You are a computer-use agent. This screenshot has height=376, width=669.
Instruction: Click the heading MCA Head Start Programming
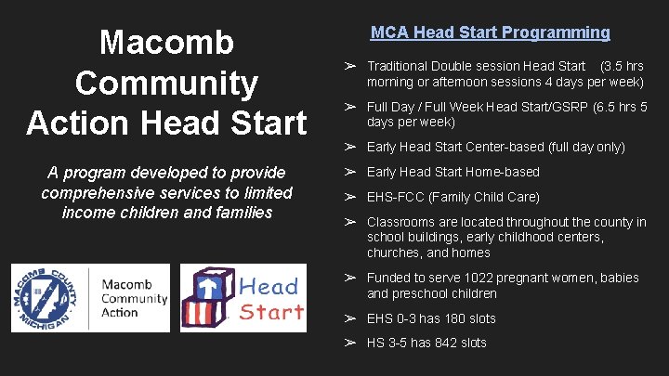(490, 32)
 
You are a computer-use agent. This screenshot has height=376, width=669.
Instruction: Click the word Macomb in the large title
(167, 43)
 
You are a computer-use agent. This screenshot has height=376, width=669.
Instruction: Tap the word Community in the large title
(167, 83)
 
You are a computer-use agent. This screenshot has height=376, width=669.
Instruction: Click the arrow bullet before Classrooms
(351, 222)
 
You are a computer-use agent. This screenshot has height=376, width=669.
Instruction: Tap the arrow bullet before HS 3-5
(351, 343)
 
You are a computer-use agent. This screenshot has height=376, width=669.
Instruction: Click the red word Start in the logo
(271, 311)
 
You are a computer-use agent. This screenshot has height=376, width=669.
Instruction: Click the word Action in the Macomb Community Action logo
(119, 312)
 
